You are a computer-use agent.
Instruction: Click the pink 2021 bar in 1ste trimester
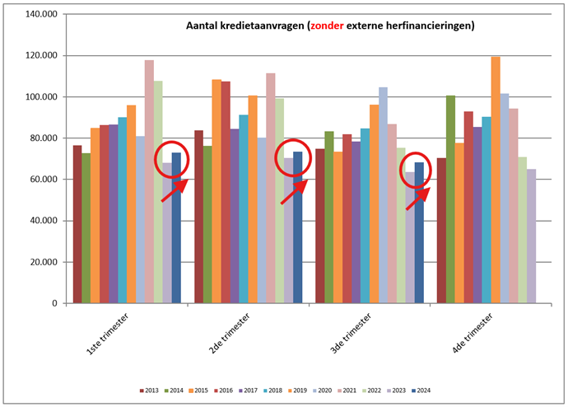(x=149, y=181)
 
